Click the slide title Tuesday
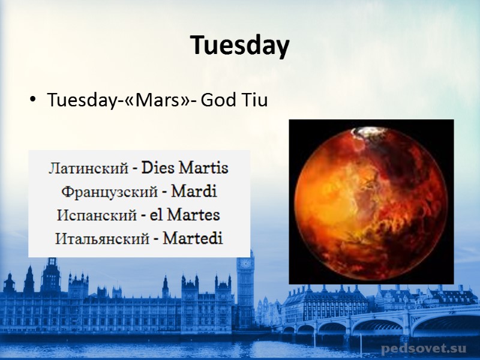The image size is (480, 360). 240,46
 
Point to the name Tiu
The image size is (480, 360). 253,101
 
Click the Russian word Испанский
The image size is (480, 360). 97,215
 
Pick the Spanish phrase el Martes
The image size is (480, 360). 185,215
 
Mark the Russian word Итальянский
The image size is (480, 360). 101,239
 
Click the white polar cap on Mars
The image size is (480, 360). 364,131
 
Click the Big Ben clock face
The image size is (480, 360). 244,263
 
